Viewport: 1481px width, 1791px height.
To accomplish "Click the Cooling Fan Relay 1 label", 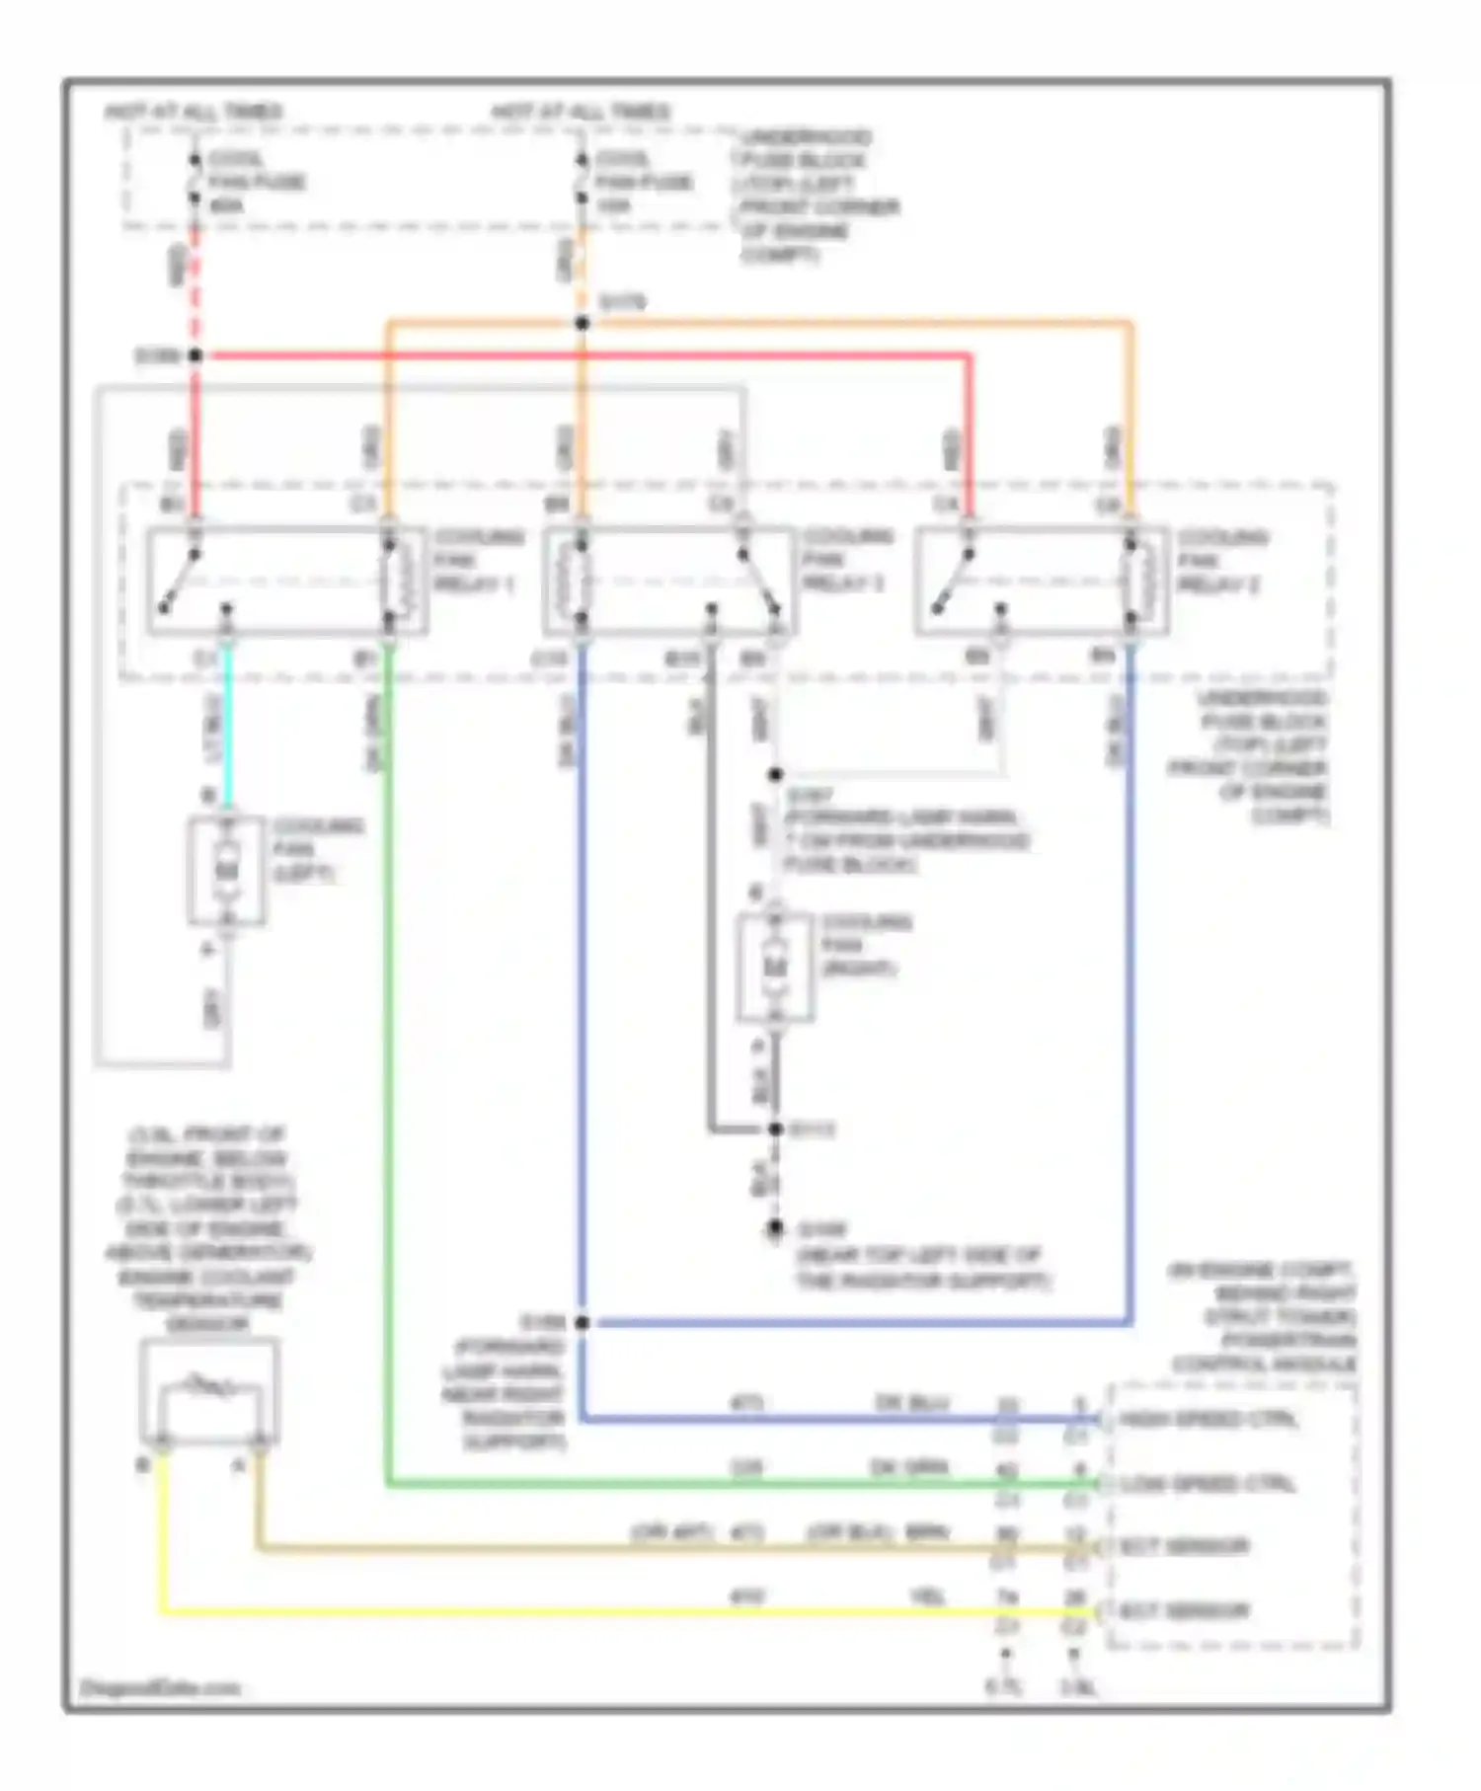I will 477,560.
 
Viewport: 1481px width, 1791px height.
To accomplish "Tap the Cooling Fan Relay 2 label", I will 1220,561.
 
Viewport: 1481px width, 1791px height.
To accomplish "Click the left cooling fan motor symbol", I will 227,870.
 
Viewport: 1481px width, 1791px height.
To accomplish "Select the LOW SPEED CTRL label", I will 1207,1484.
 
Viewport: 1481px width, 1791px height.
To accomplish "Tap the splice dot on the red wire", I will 195,355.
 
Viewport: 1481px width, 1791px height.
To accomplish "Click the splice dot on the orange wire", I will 583,323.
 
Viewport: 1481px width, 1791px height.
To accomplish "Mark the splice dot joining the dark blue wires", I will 583,1323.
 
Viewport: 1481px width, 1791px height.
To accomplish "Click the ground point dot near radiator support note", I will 775,1229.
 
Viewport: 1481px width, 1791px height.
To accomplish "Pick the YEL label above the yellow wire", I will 926,1596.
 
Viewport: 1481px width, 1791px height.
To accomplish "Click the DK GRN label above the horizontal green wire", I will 908,1468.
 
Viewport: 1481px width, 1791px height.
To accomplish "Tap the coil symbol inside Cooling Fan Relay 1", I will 390,581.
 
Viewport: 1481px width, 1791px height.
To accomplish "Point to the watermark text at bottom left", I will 160,1687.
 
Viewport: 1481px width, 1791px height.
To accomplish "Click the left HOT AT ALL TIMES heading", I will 194,112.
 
